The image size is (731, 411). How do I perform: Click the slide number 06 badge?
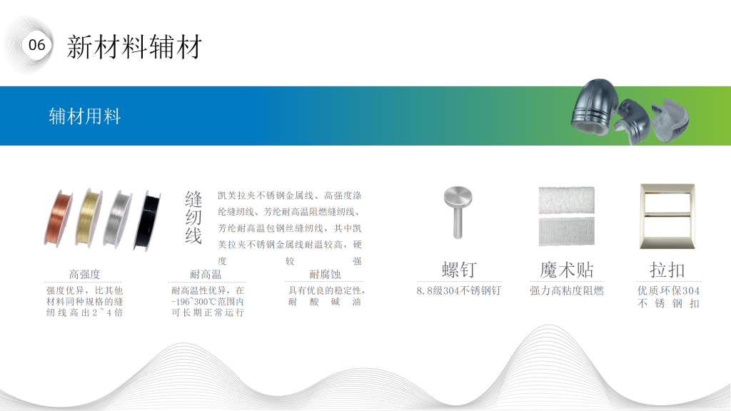[x=37, y=45]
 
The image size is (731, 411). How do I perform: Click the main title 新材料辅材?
[x=134, y=47]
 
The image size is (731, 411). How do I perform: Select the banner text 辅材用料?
[x=85, y=116]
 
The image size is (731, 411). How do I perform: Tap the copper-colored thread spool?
[x=59, y=218]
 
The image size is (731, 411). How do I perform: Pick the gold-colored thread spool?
[x=89, y=218]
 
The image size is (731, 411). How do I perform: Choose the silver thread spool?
[x=118, y=218]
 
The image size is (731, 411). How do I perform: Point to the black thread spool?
[x=147, y=220]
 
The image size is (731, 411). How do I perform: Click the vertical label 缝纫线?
[x=193, y=218]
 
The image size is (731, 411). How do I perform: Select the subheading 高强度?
[x=84, y=274]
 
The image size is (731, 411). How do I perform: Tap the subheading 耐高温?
[x=206, y=274]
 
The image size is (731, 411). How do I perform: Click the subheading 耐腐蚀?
[x=325, y=274]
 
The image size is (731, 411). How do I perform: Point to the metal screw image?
[x=458, y=213]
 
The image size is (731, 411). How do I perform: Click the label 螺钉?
[x=459, y=270]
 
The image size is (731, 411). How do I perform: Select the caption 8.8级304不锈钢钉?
[x=459, y=291]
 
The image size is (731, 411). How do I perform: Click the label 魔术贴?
[x=566, y=270]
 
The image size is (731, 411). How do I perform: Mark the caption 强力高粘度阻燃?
[x=566, y=291]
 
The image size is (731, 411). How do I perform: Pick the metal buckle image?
[x=667, y=216]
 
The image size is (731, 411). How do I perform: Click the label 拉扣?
[x=667, y=270]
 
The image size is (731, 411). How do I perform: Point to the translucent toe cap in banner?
[x=670, y=121]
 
